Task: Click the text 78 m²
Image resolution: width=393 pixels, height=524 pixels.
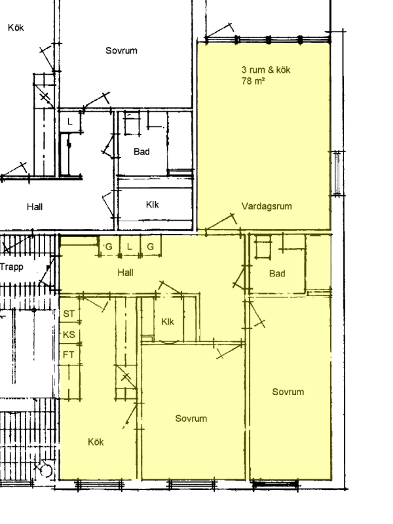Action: (x=253, y=81)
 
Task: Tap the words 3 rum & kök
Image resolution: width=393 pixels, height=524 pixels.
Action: (x=266, y=70)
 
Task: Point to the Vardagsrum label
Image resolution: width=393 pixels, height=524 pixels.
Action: (x=267, y=206)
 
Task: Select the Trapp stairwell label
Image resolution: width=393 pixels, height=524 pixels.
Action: (x=12, y=267)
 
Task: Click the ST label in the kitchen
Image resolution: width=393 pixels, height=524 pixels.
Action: (x=69, y=314)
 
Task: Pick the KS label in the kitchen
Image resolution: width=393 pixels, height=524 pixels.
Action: (x=69, y=335)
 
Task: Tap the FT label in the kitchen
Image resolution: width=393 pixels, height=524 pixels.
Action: (x=69, y=354)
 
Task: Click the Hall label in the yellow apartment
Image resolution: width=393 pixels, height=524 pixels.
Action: (x=125, y=272)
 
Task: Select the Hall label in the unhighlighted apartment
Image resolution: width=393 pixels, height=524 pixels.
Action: (x=35, y=207)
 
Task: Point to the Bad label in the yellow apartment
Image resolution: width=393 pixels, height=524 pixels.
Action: (x=277, y=274)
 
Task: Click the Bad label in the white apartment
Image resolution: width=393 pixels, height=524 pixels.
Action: (x=141, y=152)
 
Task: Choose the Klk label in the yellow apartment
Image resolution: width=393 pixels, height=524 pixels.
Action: (x=168, y=322)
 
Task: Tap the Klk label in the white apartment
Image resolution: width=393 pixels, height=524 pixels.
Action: (x=153, y=204)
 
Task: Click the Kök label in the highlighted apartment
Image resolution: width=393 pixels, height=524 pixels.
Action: (x=96, y=441)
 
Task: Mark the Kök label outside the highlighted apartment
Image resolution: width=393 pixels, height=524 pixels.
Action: (x=16, y=28)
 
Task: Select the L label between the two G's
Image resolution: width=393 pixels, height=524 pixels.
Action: (x=130, y=247)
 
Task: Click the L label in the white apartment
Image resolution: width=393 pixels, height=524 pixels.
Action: (x=70, y=122)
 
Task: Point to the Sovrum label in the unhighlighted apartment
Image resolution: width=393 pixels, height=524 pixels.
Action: (x=121, y=50)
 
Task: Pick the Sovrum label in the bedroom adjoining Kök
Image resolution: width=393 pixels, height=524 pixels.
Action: (x=191, y=419)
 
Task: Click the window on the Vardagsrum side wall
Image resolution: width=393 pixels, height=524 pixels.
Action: (x=337, y=173)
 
